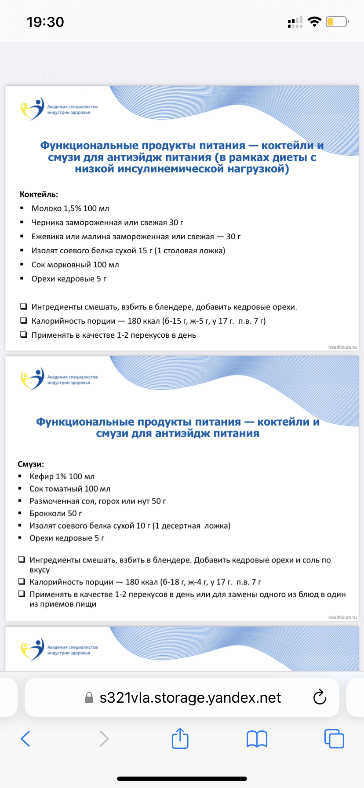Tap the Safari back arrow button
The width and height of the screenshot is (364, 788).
point(25,739)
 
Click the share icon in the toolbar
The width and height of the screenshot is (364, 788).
point(180,738)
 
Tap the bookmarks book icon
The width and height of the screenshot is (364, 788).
point(257,739)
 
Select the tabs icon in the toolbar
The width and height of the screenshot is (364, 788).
point(334,739)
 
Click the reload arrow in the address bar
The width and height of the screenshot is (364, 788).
point(320,697)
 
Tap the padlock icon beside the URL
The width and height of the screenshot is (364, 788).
point(89,698)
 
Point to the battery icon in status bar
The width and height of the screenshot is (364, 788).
point(337,22)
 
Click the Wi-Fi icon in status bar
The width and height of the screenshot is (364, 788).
point(314,22)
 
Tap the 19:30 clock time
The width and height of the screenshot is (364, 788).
point(45,22)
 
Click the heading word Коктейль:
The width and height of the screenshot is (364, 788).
point(39,194)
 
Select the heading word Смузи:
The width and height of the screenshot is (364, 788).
point(31,464)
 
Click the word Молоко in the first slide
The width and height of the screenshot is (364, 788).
point(47,208)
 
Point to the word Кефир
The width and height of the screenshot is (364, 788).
point(41,477)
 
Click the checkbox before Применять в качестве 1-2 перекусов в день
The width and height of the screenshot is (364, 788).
point(23,335)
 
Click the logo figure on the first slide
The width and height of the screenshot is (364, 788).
point(33,109)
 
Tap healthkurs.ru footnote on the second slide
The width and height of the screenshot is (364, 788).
point(342,617)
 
